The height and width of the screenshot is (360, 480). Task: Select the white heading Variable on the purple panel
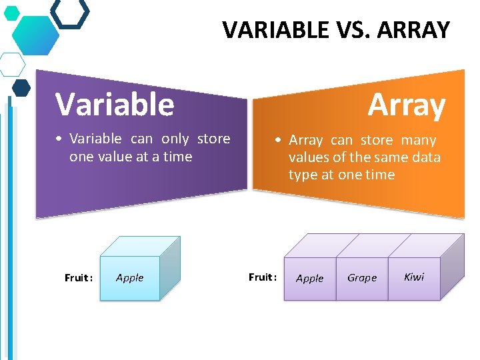click(x=115, y=104)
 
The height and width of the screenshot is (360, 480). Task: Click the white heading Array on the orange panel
click(x=406, y=105)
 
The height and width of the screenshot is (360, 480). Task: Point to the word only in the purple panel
click(x=175, y=139)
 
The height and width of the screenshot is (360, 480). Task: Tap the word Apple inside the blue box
click(x=129, y=277)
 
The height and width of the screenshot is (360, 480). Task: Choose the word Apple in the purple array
click(x=309, y=278)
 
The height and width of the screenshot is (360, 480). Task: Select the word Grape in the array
click(x=362, y=277)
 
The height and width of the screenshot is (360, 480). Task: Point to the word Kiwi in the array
click(x=414, y=277)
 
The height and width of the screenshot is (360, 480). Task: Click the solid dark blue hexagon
click(x=21, y=87)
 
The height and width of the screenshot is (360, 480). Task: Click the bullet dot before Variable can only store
click(x=59, y=139)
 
